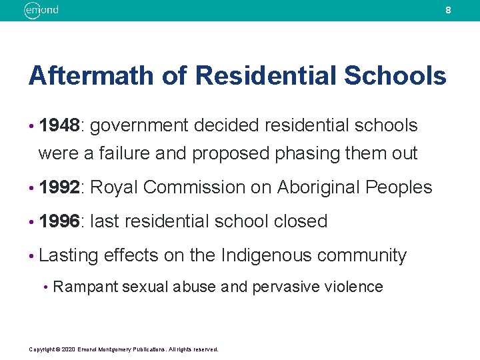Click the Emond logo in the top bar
coord(41,10)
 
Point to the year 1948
coord(59,125)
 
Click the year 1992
coord(59,187)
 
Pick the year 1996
coord(59,221)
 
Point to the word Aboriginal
coord(315,187)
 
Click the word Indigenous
coord(266,255)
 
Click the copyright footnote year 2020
coord(68,349)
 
